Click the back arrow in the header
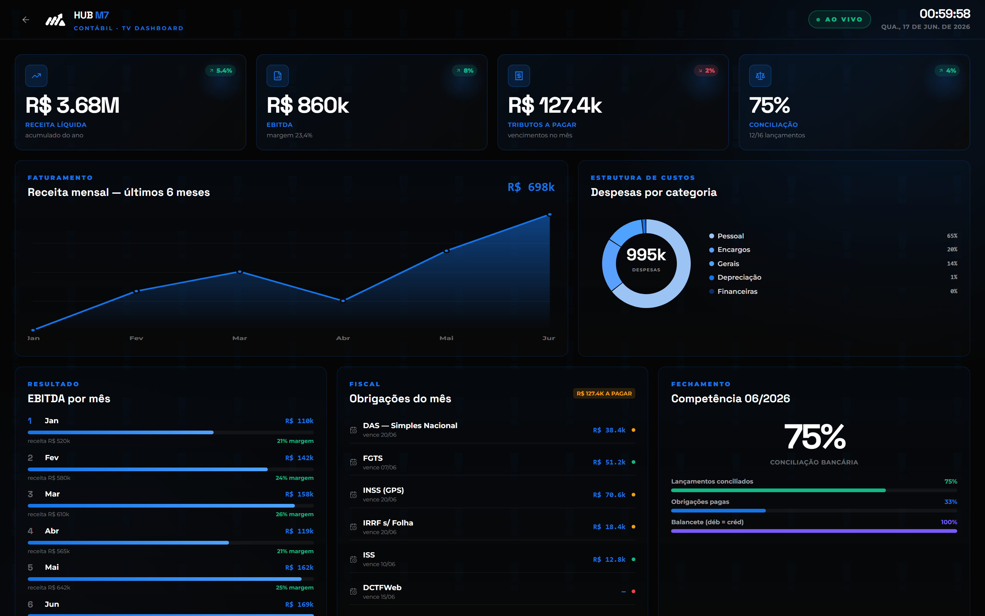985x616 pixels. [26, 19]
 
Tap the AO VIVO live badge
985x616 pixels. [839, 19]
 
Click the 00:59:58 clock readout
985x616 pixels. [945, 14]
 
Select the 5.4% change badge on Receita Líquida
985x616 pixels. [221, 71]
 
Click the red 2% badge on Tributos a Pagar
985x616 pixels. [706, 71]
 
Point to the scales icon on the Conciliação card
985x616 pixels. [760, 76]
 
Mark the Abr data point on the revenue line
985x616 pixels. [343, 301]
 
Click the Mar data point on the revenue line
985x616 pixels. [240, 272]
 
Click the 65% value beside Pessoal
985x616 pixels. [952, 236]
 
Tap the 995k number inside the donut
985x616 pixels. [646, 255]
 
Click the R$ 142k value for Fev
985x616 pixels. [299, 458]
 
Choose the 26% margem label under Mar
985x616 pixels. [295, 514]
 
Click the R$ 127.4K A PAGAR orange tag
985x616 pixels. [604, 394]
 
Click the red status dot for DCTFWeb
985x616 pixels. [633, 591]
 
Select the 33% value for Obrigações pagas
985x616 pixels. [951, 502]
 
